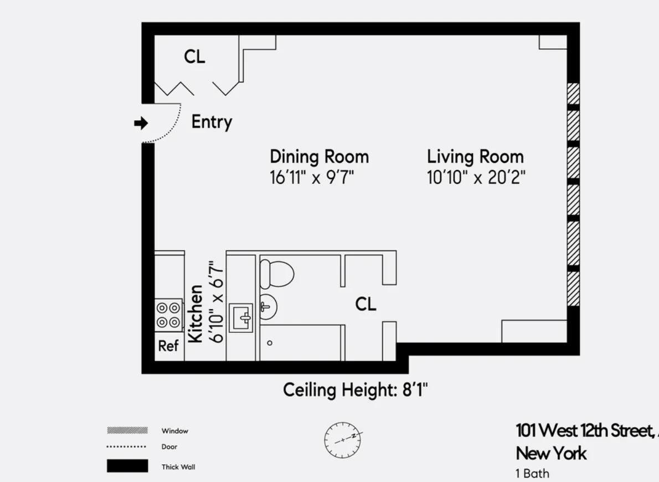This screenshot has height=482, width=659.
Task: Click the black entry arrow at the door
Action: tap(141, 123)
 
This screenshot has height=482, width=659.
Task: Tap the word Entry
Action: tap(212, 122)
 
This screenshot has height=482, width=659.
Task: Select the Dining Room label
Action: tap(319, 157)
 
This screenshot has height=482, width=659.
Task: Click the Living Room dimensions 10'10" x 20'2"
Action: tap(476, 178)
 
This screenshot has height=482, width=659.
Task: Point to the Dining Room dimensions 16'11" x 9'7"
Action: tap(312, 178)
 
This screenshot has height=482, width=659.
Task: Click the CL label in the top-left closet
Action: tap(194, 56)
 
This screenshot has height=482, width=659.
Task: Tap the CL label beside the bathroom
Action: tap(365, 304)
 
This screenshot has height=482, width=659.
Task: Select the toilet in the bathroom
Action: tap(276, 273)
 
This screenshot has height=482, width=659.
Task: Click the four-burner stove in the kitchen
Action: tap(168, 314)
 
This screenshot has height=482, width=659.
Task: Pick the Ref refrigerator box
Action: tap(168, 346)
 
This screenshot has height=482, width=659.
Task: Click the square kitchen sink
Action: tap(241, 318)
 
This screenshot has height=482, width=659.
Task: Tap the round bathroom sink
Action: tap(267, 306)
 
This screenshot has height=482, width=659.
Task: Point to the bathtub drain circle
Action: tap(270, 343)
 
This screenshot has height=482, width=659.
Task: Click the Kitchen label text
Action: tap(195, 314)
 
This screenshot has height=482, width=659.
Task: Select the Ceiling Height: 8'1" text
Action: tap(356, 390)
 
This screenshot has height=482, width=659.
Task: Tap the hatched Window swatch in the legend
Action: tap(127, 430)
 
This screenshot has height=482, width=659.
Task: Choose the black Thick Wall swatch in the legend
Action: tap(127, 466)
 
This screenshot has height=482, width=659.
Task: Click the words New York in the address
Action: tap(550, 453)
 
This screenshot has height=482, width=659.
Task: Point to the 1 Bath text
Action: tap(532, 474)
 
